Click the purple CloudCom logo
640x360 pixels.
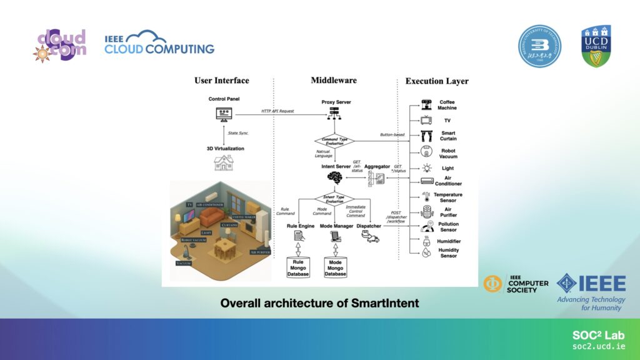coord(60,45)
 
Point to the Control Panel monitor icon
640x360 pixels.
coord(224,114)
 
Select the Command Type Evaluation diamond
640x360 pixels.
coord(334,141)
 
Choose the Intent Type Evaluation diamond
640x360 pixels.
coord(334,199)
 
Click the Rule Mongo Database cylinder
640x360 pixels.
coord(299,266)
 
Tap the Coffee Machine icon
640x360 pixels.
coord(427,104)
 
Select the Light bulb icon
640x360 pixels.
coord(427,168)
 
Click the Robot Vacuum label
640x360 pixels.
coord(448,153)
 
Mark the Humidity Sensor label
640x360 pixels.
coord(448,252)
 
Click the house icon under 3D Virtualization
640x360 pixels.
coord(224,163)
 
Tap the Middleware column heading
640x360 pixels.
coord(334,80)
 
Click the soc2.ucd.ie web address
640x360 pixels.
coord(599,346)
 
